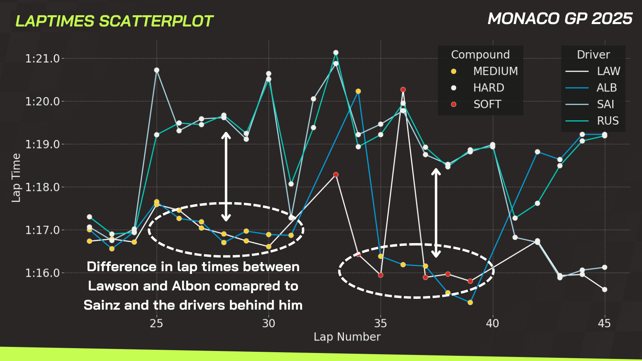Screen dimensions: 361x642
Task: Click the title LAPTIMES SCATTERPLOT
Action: pos(114,21)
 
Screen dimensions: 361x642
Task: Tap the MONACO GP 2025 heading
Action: pos(560,19)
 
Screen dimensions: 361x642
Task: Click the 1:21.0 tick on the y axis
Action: pos(42,59)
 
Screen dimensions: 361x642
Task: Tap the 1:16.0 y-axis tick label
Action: pos(42,273)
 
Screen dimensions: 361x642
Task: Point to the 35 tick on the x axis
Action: pos(380,323)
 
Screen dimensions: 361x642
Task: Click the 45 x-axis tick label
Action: pos(604,323)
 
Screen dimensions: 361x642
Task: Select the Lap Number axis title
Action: pos(347,337)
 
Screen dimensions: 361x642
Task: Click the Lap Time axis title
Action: pos(16,177)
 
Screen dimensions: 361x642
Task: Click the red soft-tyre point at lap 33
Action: pos(336,174)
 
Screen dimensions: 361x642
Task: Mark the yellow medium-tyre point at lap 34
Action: pos(358,91)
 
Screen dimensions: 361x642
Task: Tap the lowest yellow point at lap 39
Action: pos(470,302)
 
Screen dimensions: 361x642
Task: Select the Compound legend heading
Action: pos(480,55)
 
